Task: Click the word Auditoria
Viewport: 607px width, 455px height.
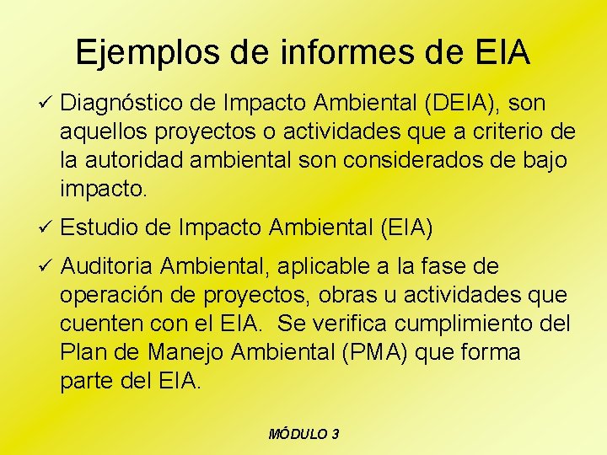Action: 107,267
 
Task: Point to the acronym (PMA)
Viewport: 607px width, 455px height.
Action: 370,352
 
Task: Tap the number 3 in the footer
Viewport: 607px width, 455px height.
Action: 336,434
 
